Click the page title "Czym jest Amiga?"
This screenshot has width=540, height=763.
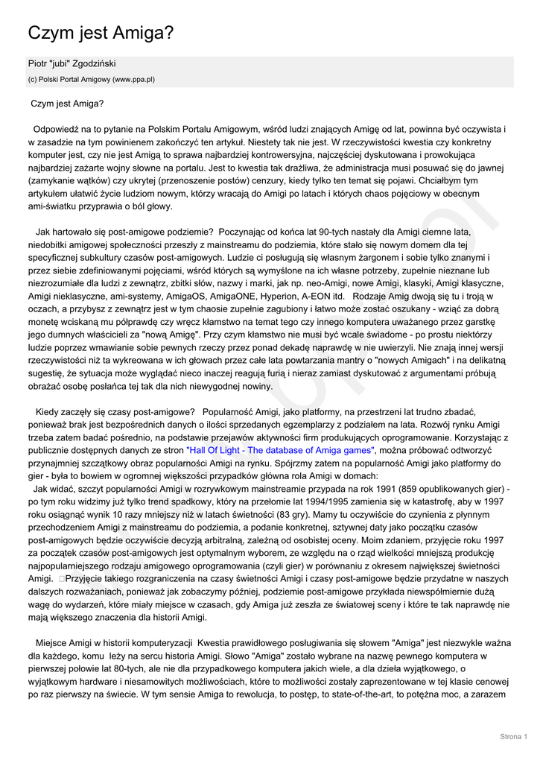point(101,33)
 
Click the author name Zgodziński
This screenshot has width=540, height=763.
point(91,64)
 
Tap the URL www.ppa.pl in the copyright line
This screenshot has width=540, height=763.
point(133,79)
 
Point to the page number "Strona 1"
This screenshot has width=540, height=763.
point(513,737)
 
